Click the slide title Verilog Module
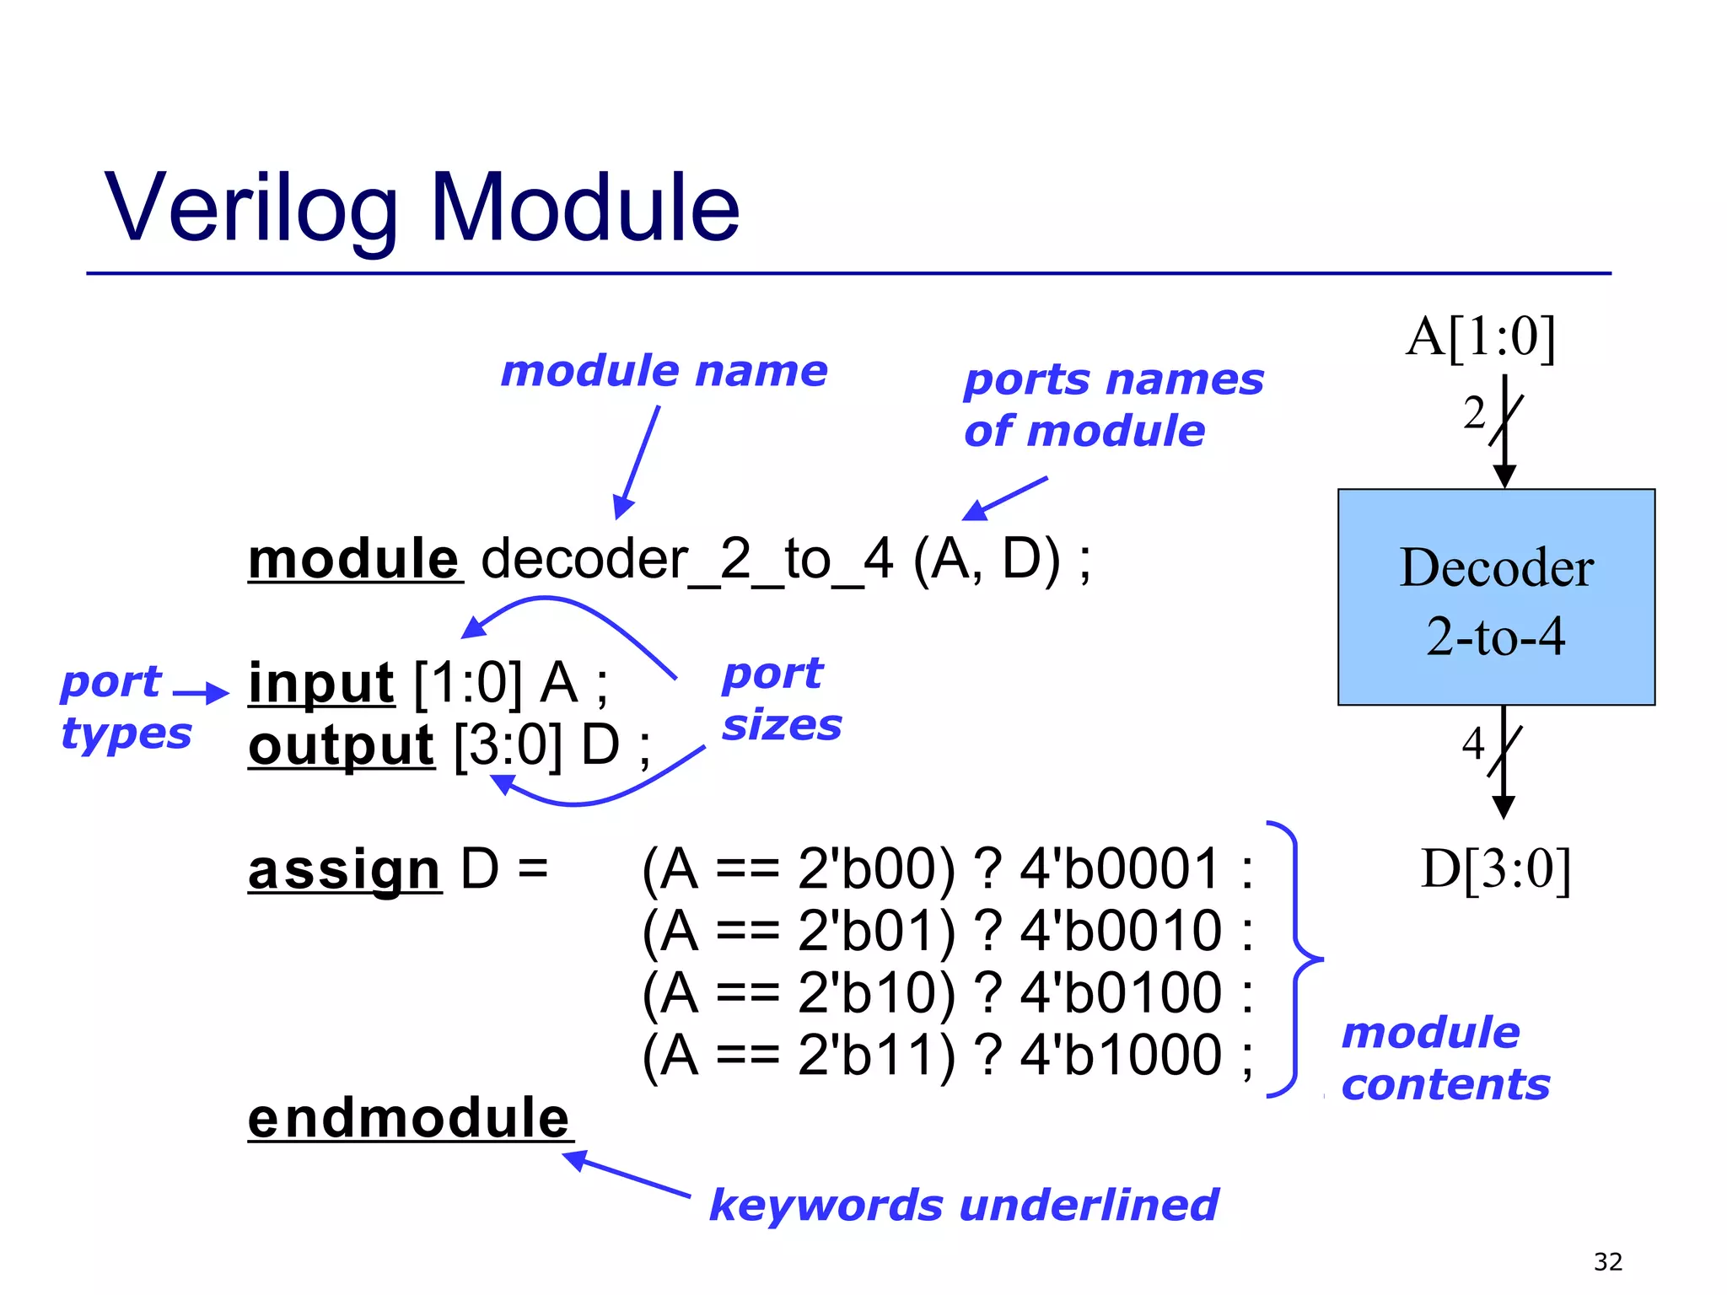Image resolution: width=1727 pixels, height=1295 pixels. [422, 207]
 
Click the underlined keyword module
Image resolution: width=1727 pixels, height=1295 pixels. [354, 560]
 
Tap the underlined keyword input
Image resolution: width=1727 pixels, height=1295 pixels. [321, 683]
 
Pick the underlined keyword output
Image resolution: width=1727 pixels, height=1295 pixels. [342, 746]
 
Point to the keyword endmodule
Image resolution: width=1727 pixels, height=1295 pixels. [409, 1119]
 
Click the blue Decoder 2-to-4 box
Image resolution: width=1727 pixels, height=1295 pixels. [1496, 598]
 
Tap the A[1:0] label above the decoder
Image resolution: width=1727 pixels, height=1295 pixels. [1480, 337]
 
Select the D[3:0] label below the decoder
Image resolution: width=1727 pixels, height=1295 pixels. [1495, 869]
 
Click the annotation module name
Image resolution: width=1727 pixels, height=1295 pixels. [664, 372]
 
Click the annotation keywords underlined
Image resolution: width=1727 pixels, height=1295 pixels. [963, 1205]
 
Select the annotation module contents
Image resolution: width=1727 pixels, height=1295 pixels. [1445, 1059]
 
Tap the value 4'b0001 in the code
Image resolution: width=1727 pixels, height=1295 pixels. [1120, 869]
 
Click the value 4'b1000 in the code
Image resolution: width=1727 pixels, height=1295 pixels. [1120, 1056]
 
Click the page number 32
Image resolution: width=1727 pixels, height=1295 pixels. [1607, 1262]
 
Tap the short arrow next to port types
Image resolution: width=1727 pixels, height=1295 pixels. [201, 694]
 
